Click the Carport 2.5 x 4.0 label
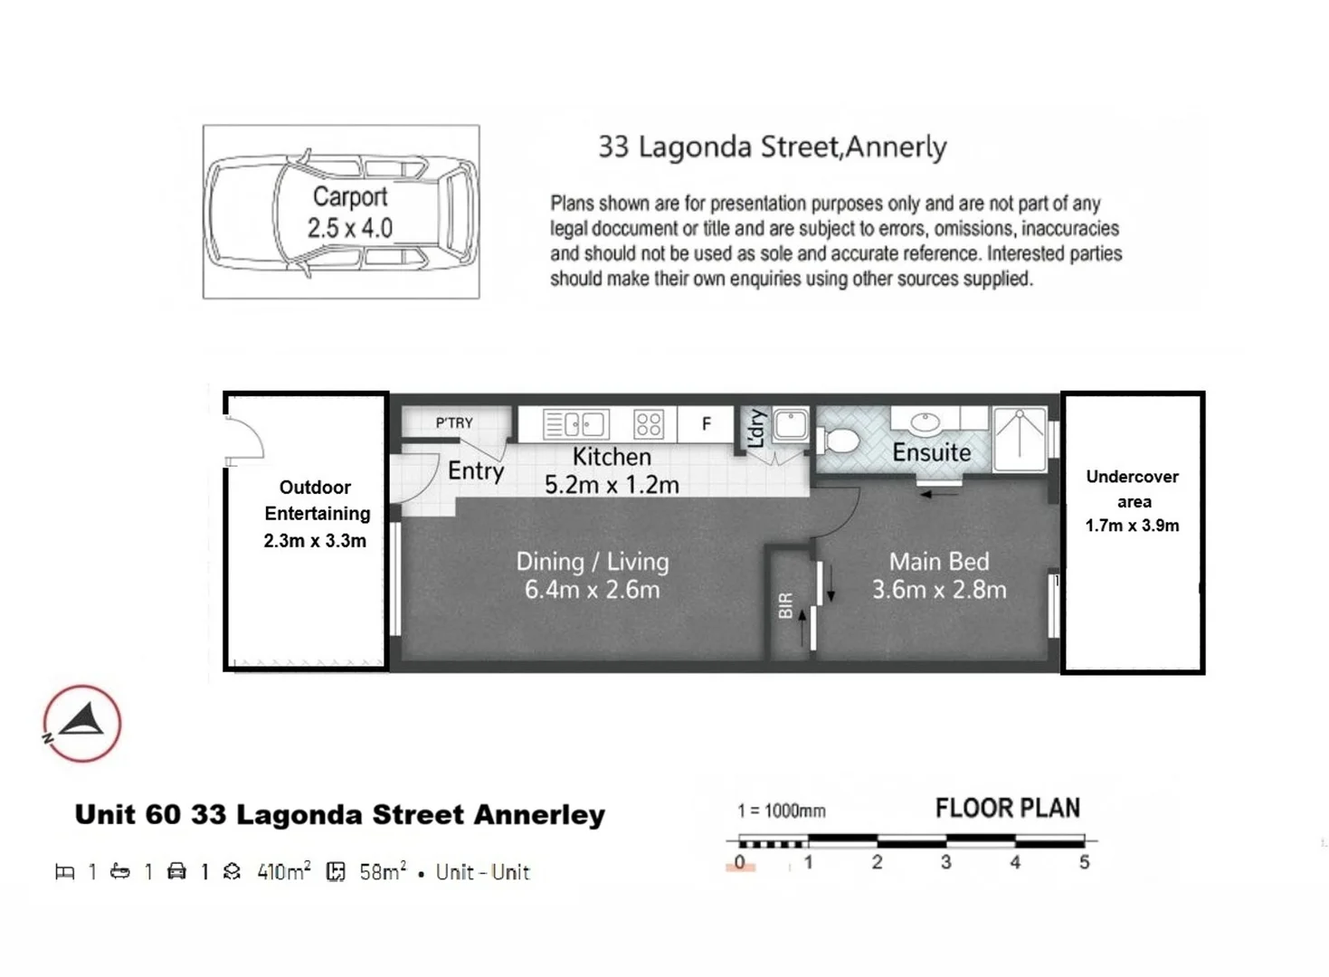click(349, 213)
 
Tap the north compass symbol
click(81, 723)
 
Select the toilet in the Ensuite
click(839, 441)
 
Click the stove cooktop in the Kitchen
click(648, 424)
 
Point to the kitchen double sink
click(575, 424)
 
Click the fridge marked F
click(706, 423)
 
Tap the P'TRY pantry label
click(454, 422)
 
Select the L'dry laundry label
click(756, 428)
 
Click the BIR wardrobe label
click(785, 605)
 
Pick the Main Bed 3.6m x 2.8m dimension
click(938, 590)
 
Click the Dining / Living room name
click(592, 561)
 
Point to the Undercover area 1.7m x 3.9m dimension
click(1132, 526)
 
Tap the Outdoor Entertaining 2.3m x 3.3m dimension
click(315, 541)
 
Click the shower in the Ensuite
click(1020, 439)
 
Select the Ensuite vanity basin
click(925, 422)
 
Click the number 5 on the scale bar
click(1084, 862)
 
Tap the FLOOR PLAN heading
click(1007, 808)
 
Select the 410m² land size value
click(283, 872)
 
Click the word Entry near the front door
click(476, 470)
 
